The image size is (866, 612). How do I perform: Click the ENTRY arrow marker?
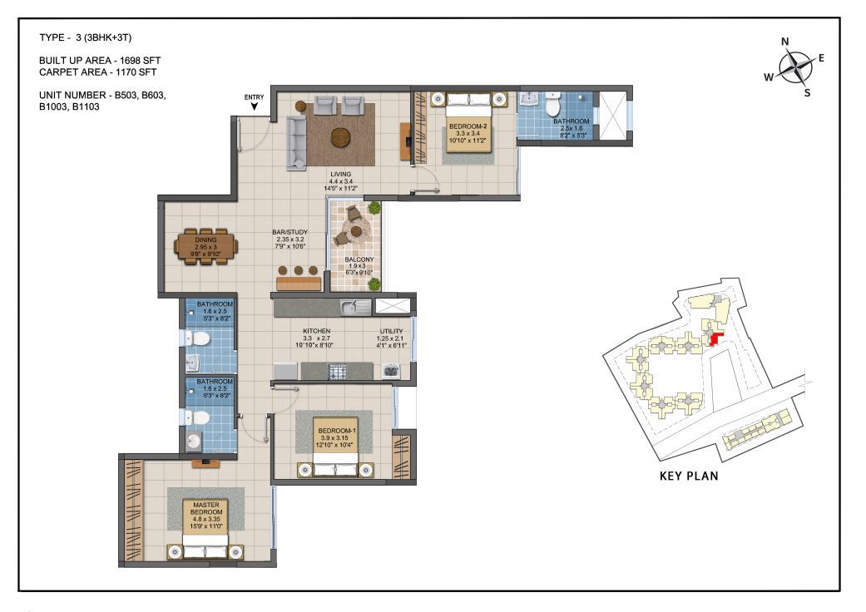[x=254, y=106]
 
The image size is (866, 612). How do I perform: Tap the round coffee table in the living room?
[x=341, y=137]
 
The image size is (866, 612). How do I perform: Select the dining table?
[x=206, y=247]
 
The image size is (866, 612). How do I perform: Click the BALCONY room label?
[x=359, y=259]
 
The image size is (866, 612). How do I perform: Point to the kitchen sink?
[x=356, y=307]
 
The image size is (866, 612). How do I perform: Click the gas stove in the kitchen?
[x=338, y=372]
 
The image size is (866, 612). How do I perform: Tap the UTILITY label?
[x=391, y=331]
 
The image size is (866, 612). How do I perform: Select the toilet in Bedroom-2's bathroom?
[x=553, y=102]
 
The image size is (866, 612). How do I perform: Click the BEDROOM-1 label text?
[x=337, y=431]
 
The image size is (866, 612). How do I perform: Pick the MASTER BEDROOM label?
[x=206, y=508]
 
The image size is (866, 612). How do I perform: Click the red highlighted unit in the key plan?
[x=715, y=338]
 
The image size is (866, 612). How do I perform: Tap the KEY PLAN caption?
[x=689, y=476]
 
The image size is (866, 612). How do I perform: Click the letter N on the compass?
[x=784, y=42]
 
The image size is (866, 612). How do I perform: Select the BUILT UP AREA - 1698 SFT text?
[x=100, y=61]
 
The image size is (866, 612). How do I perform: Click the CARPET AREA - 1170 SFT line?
[x=98, y=72]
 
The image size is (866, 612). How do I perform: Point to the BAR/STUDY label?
[x=290, y=232]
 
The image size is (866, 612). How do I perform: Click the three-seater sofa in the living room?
[x=296, y=143]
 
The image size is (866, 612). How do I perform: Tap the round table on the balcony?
[x=356, y=231]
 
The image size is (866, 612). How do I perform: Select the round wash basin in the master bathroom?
[x=194, y=441]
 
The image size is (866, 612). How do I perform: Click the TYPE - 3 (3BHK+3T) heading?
[x=85, y=37]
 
